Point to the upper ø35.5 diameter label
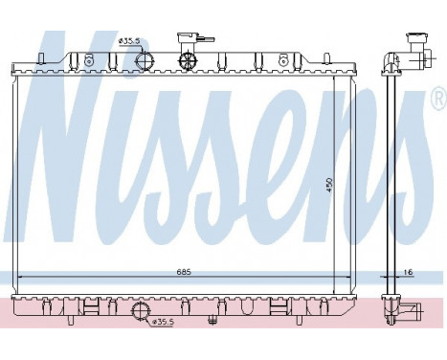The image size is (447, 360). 130,42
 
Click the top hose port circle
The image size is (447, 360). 145,60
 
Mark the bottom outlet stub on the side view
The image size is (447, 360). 409,311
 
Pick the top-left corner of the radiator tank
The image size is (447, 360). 11,65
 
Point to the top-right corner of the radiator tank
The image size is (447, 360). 355,65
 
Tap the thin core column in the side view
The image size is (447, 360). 391,182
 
